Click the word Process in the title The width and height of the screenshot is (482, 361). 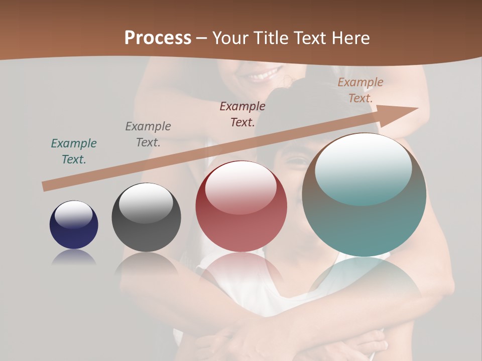point(158,38)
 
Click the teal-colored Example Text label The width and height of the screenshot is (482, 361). point(74,151)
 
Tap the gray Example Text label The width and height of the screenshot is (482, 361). point(148,134)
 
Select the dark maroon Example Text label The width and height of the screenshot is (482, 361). point(243,114)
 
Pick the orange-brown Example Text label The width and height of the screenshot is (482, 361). point(360,90)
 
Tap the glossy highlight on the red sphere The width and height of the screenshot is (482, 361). point(240,187)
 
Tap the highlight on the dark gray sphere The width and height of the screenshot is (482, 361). point(146,203)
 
